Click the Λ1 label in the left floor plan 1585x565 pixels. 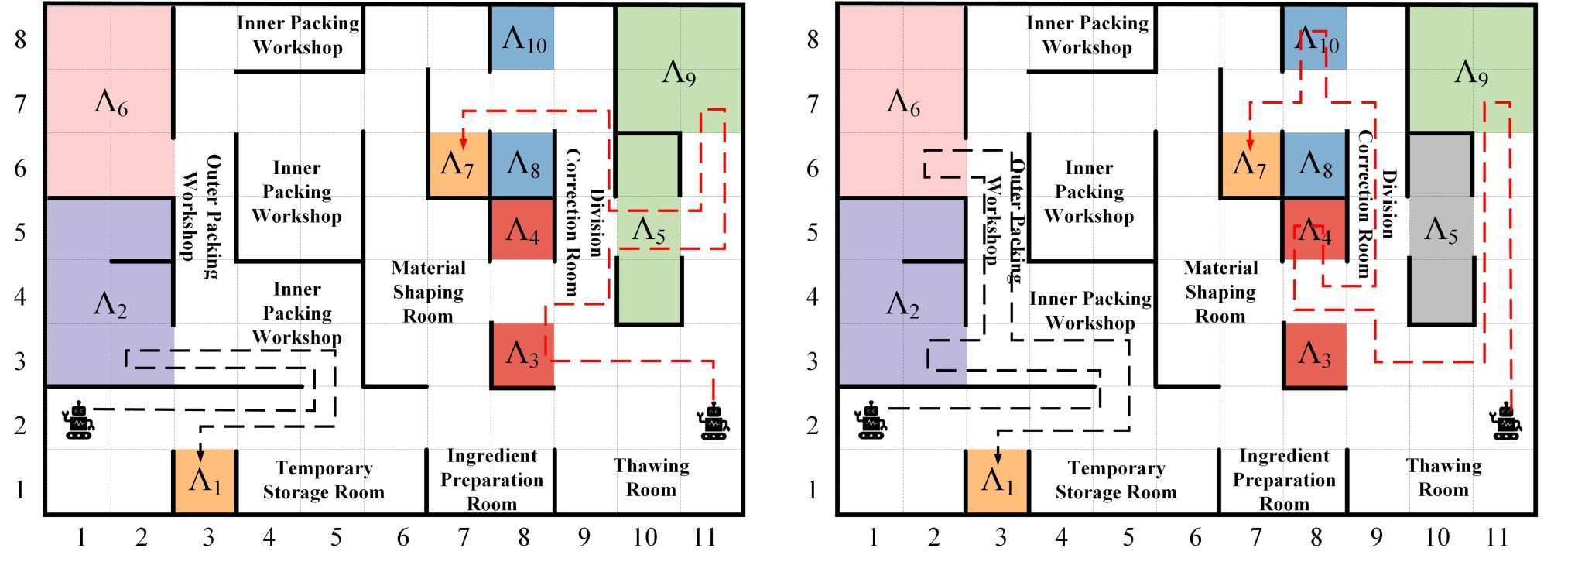click(205, 481)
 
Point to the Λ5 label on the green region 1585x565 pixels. click(649, 230)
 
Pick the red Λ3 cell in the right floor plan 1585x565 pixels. click(1314, 354)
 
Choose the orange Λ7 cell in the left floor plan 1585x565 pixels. click(457, 165)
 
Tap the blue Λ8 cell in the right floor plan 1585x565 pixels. click(1314, 164)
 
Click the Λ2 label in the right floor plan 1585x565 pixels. click(902, 304)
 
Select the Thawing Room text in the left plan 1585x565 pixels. click(651, 478)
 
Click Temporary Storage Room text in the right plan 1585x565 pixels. click(1116, 480)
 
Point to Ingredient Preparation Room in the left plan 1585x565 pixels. click(491, 480)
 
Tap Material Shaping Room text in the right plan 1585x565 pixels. click(1220, 292)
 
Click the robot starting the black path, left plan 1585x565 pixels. click(78, 421)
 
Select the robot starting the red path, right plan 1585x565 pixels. click(1505, 422)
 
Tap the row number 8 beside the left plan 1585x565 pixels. click(21, 39)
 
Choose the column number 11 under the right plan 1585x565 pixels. click(1497, 537)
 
